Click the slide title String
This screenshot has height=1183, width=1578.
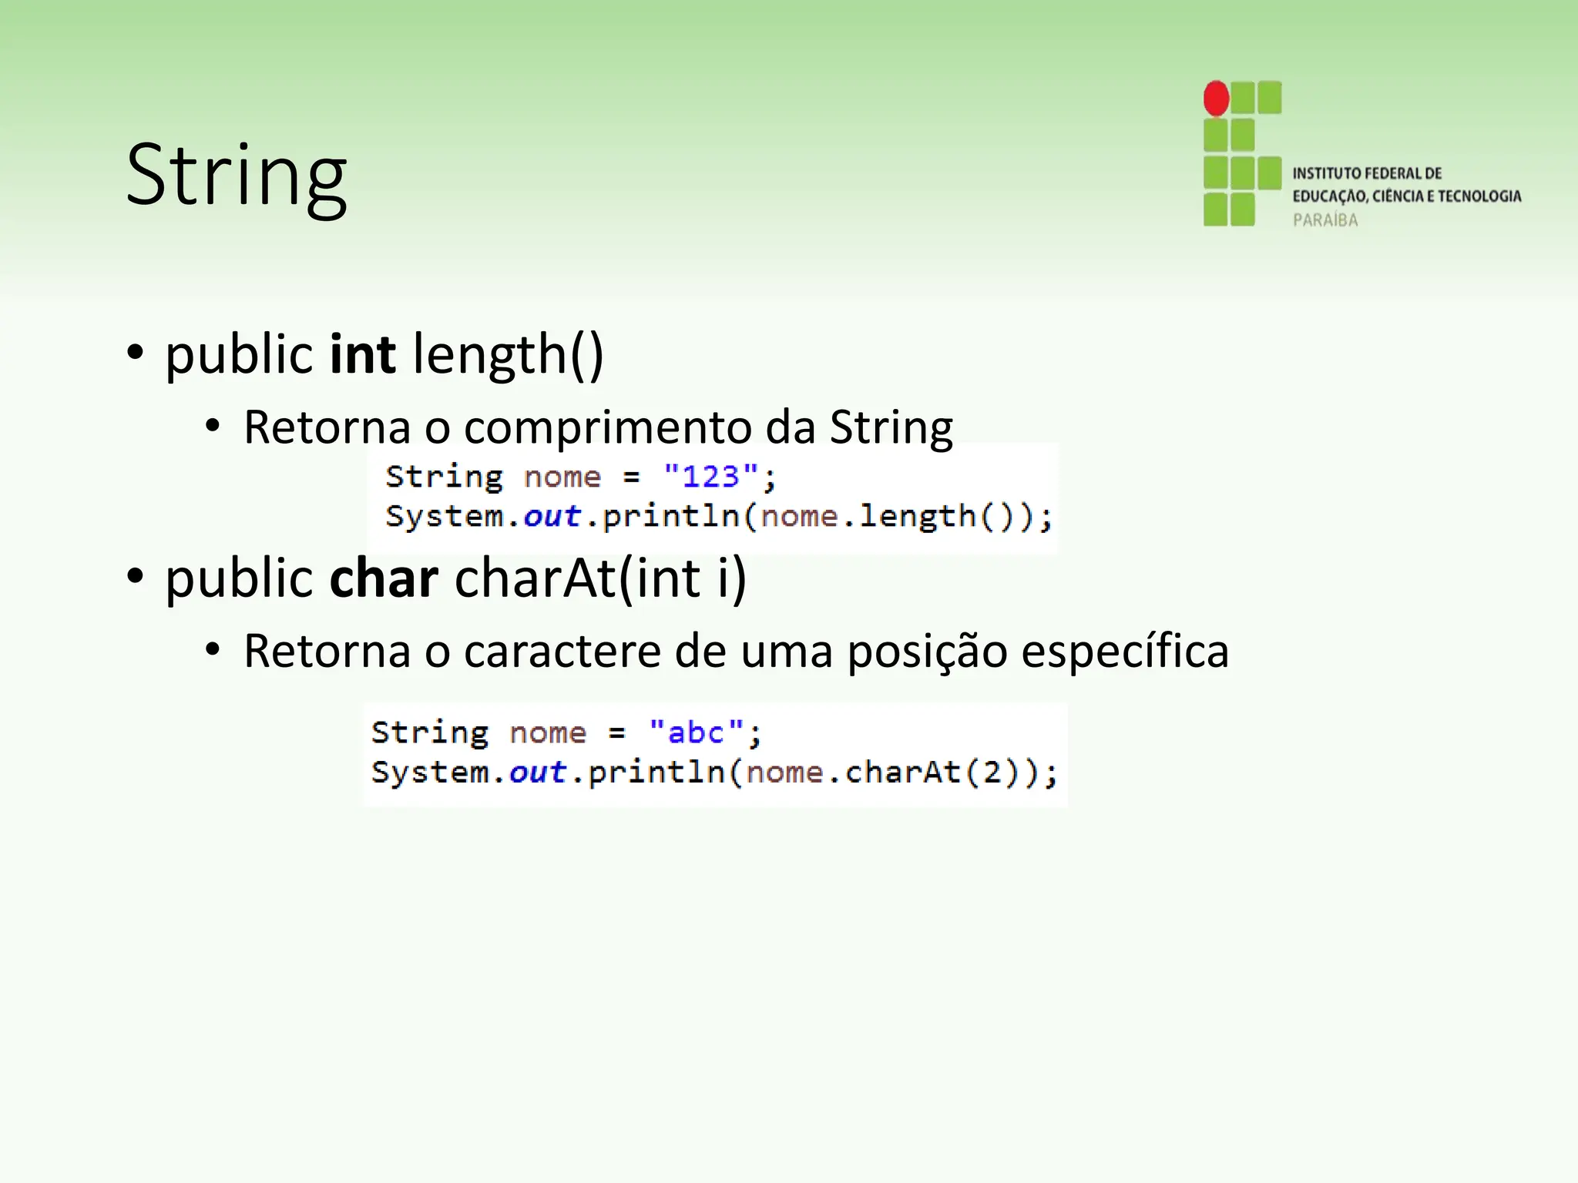point(236,176)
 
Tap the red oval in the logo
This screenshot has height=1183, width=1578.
point(1217,99)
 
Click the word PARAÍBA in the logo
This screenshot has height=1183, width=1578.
point(1325,220)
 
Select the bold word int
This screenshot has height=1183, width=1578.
point(362,354)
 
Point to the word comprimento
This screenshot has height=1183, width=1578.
point(607,427)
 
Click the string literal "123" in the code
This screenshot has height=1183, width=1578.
point(710,477)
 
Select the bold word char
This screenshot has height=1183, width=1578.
point(384,578)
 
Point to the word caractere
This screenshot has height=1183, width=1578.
point(562,652)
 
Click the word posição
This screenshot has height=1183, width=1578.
point(928,652)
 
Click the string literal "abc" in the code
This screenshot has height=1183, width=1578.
point(696,732)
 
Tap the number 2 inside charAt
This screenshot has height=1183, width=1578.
point(992,772)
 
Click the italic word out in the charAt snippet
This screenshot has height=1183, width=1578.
point(537,772)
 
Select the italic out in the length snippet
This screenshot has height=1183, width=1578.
point(552,516)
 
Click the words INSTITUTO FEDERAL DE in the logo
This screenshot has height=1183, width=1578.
point(1367,173)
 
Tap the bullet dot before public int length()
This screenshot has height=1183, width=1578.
point(136,353)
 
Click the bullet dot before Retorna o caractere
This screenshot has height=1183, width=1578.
point(213,651)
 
